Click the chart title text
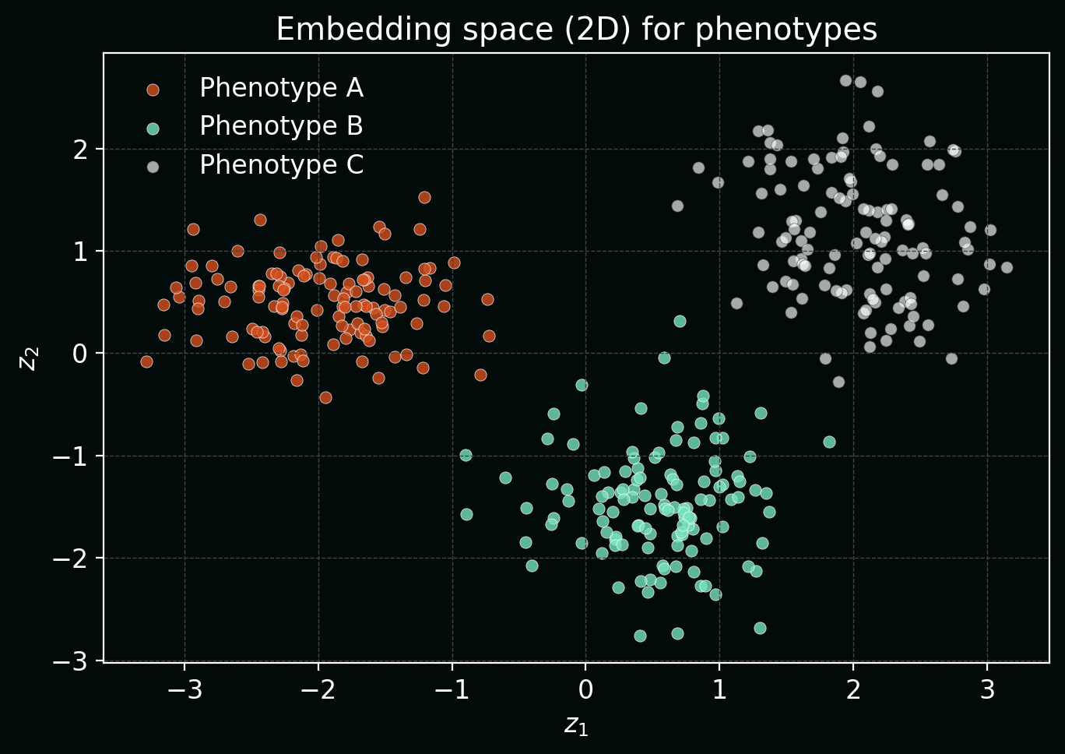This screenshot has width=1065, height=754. (576, 30)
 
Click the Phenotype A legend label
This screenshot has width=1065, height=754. (281, 88)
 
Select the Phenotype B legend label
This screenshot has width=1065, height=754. (281, 126)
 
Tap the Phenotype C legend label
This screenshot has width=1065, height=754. (281, 165)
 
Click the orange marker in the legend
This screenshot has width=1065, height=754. (153, 90)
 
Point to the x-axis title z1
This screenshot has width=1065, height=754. (576, 725)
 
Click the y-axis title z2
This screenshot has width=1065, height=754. (28, 359)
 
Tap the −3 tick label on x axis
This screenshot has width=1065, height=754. (185, 690)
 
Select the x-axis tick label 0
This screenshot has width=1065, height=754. (585, 690)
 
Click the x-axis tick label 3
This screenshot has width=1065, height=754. (987, 690)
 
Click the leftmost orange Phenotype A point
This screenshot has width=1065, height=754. (146, 361)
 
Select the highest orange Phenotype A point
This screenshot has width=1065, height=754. (424, 197)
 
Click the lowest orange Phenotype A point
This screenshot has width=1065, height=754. (325, 397)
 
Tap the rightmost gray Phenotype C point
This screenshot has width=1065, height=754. (1007, 267)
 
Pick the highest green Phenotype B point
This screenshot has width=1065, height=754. (680, 321)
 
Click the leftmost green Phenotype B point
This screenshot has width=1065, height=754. (466, 455)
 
